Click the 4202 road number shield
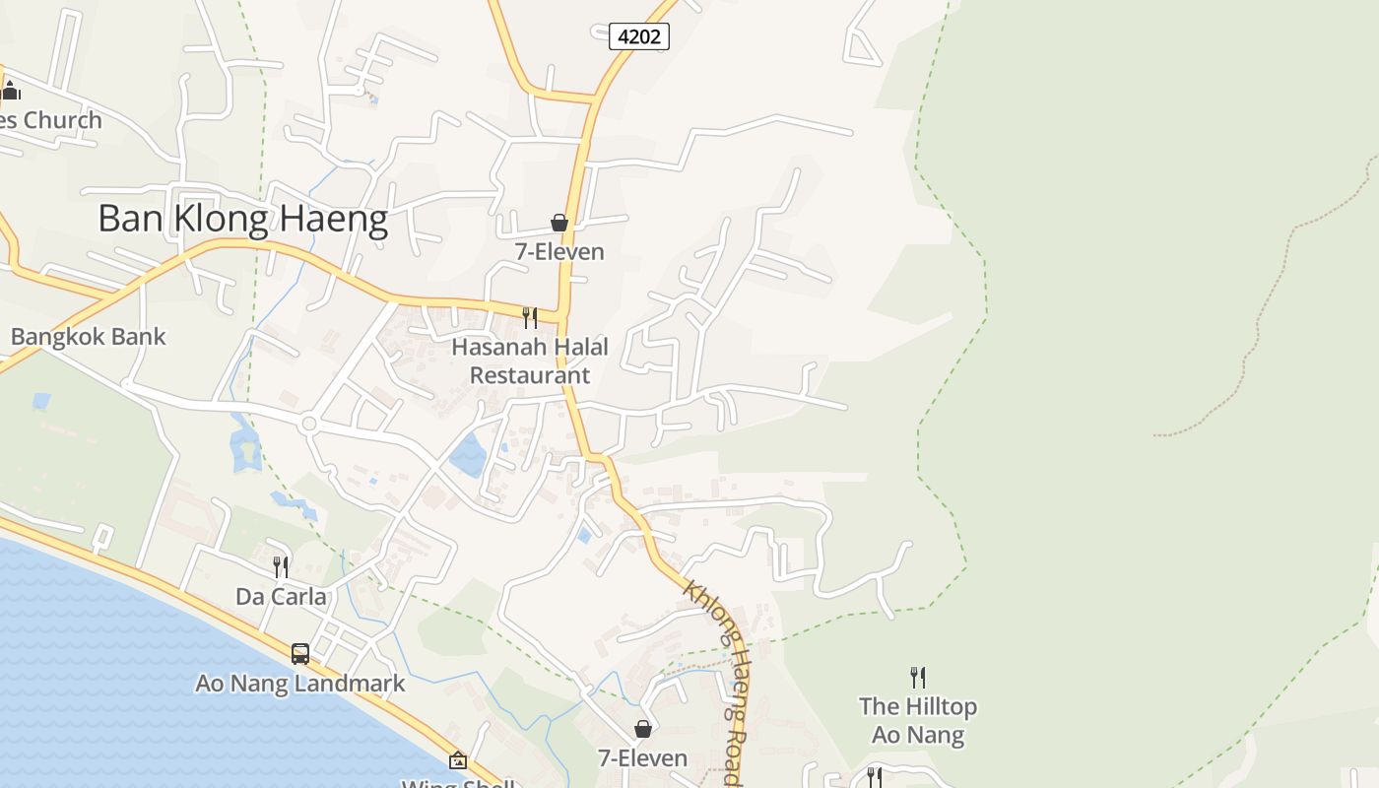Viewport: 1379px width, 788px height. [x=639, y=36]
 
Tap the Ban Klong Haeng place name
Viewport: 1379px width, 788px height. [x=242, y=219]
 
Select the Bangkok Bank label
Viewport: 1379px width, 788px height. [x=88, y=336]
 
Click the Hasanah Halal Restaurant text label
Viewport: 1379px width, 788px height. [x=530, y=361]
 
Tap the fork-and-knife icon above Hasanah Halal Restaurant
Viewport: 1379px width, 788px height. [x=530, y=317]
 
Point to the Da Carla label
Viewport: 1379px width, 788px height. [x=281, y=596]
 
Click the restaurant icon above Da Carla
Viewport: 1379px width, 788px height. [x=281, y=566]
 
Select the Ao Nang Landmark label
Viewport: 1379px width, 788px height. [x=300, y=683]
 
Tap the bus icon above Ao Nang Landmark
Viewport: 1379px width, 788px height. [x=300, y=653]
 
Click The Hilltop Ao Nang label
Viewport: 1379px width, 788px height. [x=918, y=720]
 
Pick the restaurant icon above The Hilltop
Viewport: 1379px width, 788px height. [x=918, y=677]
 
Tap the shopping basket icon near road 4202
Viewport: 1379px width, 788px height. [x=559, y=223]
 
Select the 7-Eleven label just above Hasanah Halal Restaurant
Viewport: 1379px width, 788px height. [x=559, y=251]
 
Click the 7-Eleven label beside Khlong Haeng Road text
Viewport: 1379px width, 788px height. [x=643, y=757]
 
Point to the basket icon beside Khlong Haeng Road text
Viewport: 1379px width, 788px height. [x=643, y=729]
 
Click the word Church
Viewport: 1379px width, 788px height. [x=63, y=120]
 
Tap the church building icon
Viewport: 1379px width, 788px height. [x=11, y=92]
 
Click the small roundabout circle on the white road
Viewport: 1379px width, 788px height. [x=309, y=424]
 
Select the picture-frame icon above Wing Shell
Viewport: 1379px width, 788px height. [x=458, y=759]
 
